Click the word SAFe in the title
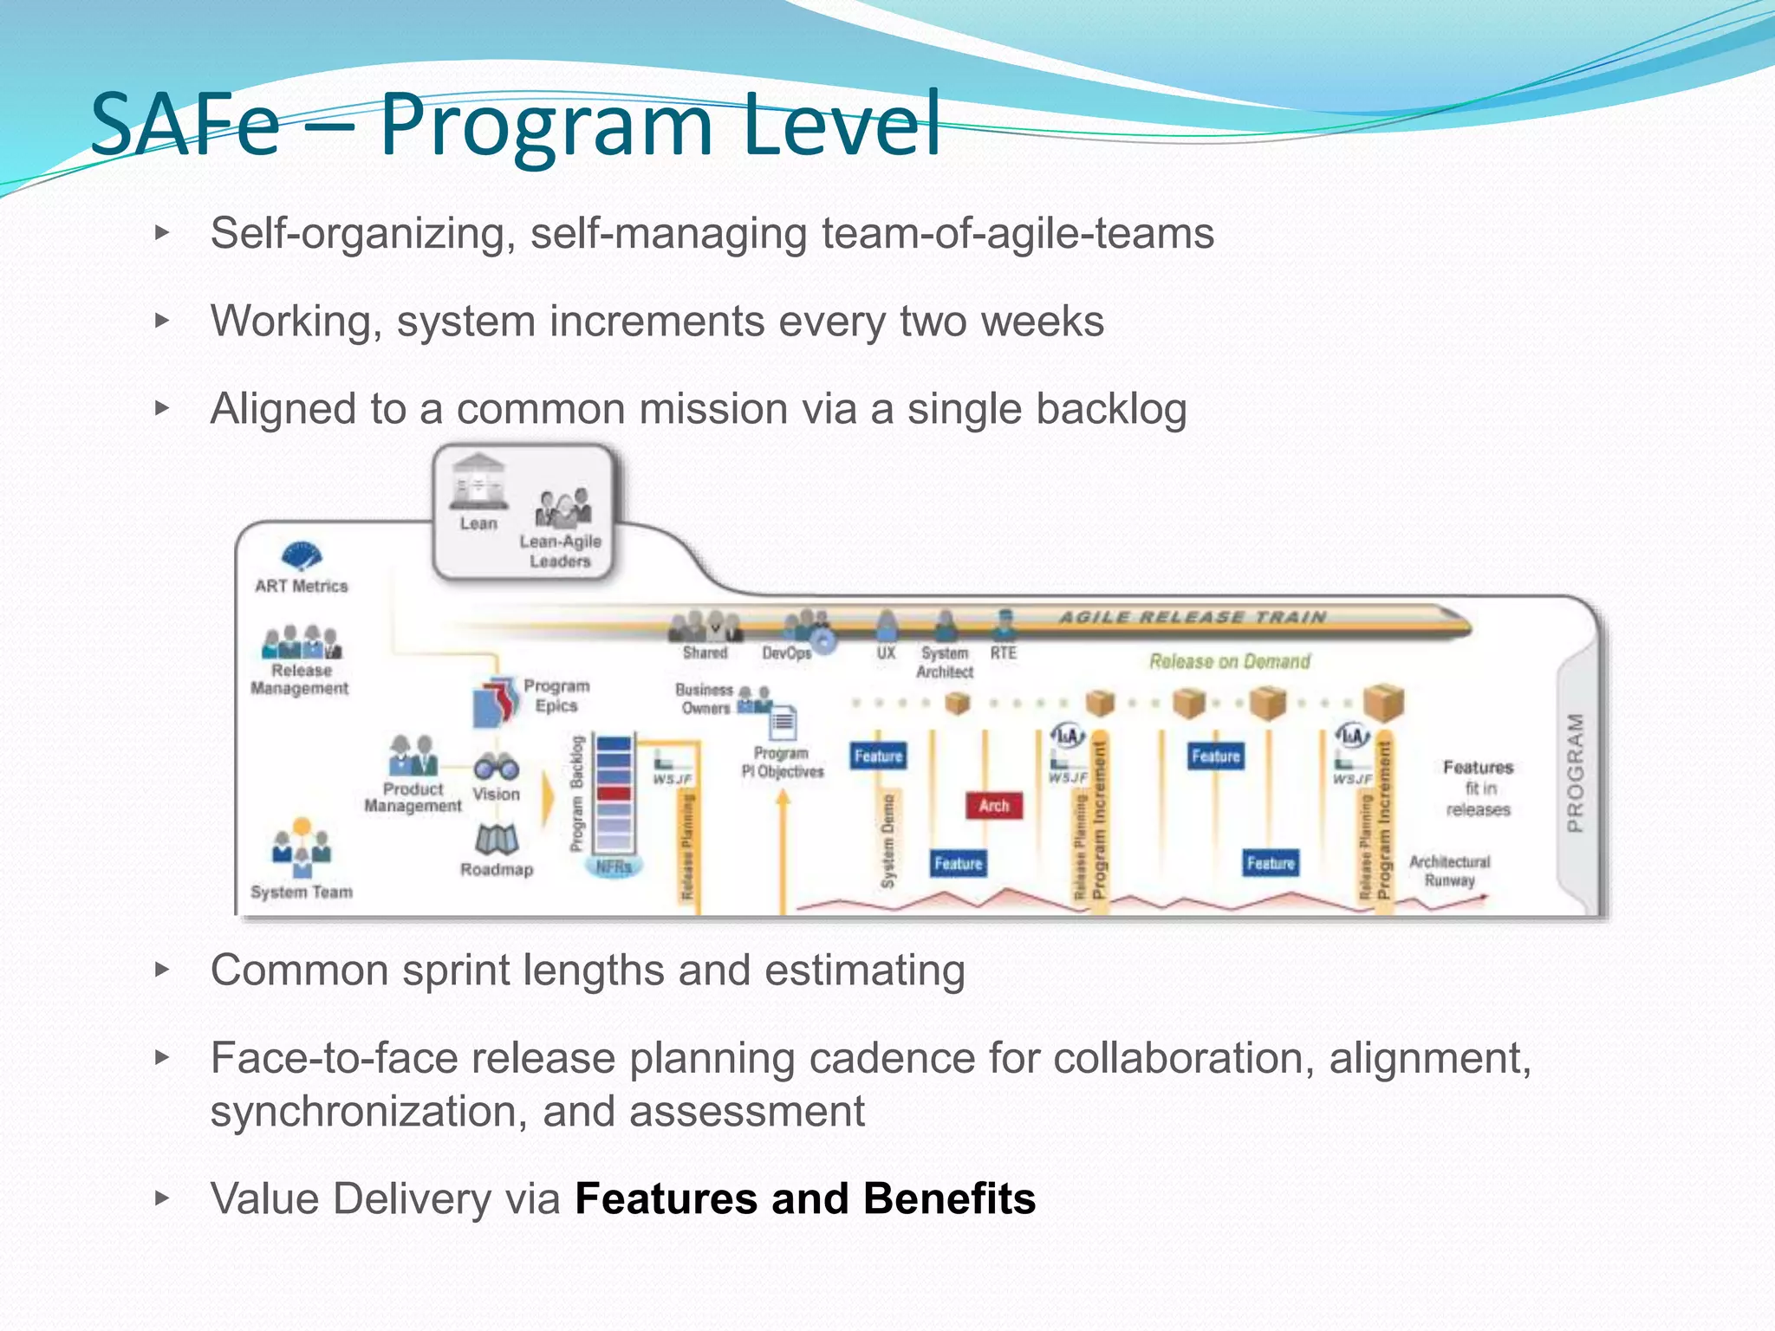point(185,126)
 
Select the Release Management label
point(300,679)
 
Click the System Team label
point(302,892)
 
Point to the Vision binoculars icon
point(496,767)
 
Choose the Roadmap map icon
point(497,838)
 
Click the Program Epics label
point(556,696)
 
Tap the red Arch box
point(994,806)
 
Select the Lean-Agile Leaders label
point(560,551)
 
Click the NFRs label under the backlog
point(614,867)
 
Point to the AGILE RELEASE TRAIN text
point(1193,617)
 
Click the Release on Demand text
point(1230,662)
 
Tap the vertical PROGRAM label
point(1576,773)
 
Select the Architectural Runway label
point(1449,871)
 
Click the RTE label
point(1003,653)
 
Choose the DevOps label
point(786,653)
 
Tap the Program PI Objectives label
point(782,763)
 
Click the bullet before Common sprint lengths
point(162,969)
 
